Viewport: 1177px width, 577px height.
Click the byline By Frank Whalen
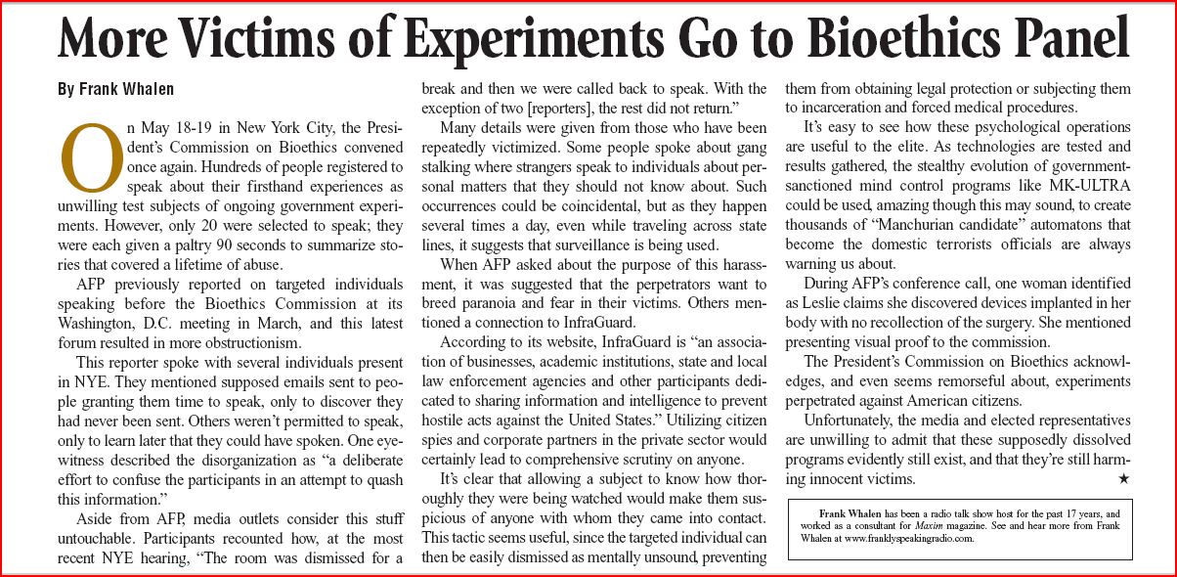(x=115, y=89)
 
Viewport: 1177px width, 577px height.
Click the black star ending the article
(x=1123, y=479)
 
